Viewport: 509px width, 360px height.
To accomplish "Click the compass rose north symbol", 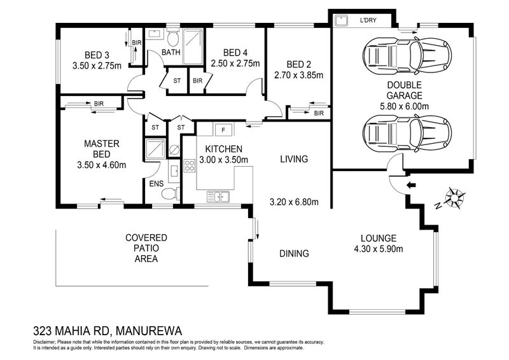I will (x=456, y=197).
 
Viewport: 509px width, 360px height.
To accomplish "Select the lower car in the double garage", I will (x=406, y=133).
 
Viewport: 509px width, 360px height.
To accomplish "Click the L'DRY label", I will (x=368, y=20).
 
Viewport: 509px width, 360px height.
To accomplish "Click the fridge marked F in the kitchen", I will (x=223, y=130).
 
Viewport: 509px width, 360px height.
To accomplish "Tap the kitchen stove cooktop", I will (x=190, y=166).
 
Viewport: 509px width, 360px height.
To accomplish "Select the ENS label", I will (x=157, y=184).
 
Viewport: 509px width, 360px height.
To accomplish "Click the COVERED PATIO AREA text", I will (x=146, y=248).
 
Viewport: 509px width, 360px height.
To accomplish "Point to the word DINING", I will (x=294, y=253).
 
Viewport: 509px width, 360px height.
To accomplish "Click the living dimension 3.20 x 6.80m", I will (x=293, y=203).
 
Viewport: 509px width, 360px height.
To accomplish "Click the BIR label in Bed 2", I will (x=318, y=113).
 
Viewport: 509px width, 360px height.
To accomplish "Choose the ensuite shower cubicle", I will (x=155, y=149).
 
